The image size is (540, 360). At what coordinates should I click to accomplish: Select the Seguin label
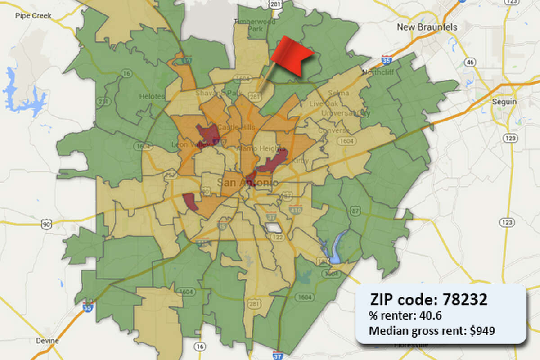click(x=504, y=102)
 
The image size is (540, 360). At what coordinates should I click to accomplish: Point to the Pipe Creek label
click(x=33, y=16)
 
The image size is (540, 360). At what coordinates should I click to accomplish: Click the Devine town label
click(x=47, y=341)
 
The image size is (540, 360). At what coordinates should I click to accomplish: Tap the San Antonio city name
click(x=247, y=183)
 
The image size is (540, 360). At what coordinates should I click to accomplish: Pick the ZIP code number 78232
click(x=465, y=299)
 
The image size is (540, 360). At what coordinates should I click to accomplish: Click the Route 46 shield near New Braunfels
click(x=470, y=62)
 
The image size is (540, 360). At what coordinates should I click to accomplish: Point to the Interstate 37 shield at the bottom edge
click(x=278, y=355)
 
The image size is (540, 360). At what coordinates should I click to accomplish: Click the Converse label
click(x=334, y=130)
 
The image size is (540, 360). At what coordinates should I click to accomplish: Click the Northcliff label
click(x=374, y=72)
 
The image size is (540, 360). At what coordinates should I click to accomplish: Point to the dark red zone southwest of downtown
click(x=190, y=202)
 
